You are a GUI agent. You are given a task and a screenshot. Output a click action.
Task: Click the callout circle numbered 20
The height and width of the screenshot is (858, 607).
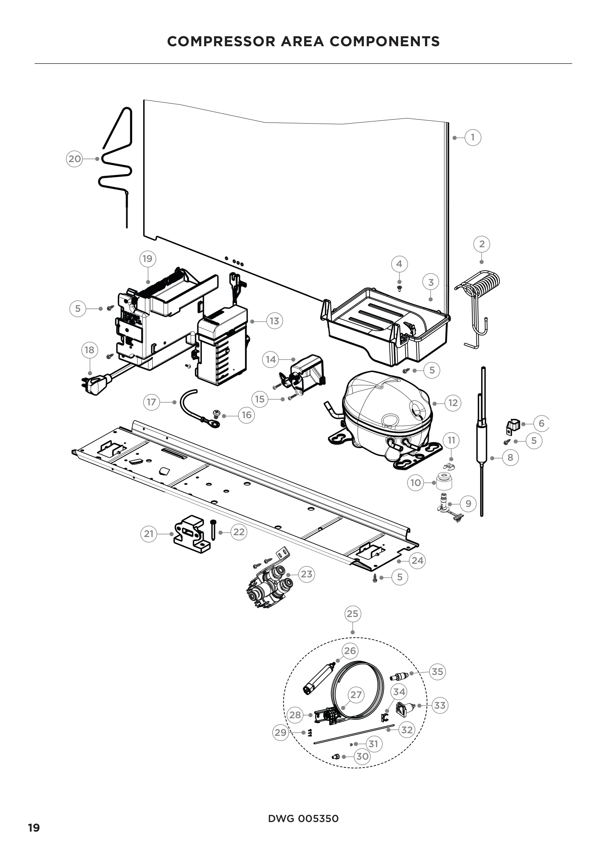point(74,159)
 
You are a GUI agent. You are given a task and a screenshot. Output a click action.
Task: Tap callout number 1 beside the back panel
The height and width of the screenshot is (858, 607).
point(473,138)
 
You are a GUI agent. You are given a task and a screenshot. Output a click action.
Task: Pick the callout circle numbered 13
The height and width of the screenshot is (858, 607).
point(275,321)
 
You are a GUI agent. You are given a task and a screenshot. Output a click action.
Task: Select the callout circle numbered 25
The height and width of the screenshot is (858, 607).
point(352,614)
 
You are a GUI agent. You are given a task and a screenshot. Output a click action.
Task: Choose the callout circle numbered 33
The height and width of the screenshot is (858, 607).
point(440,705)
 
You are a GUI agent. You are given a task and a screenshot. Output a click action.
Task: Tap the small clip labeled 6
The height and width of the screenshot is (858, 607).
point(513,426)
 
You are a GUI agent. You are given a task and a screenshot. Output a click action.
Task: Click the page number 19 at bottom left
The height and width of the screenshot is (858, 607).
point(34,828)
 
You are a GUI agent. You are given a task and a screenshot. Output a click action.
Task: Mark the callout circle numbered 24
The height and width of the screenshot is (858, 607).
point(418,561)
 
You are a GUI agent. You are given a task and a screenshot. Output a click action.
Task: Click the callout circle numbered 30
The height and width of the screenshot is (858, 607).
point(363,756)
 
